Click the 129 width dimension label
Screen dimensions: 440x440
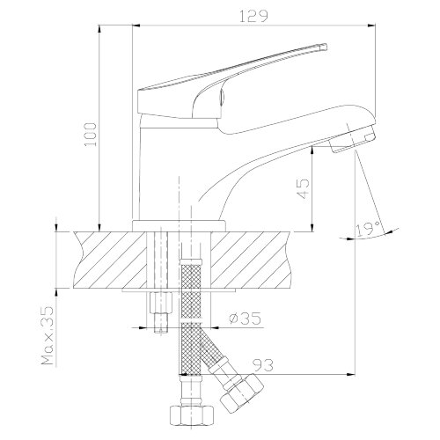(254, 17)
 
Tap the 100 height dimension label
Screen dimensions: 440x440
(90, 135)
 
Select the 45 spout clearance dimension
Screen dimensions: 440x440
(304, 188)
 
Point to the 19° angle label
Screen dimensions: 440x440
(369, 229)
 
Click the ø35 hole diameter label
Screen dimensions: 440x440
(245, 319)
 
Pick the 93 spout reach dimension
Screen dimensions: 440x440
(263, 365)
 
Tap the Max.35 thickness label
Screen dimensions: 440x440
(48, 335)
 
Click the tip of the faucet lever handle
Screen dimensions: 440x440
(326, 47)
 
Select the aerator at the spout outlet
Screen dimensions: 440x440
(353, 139)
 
